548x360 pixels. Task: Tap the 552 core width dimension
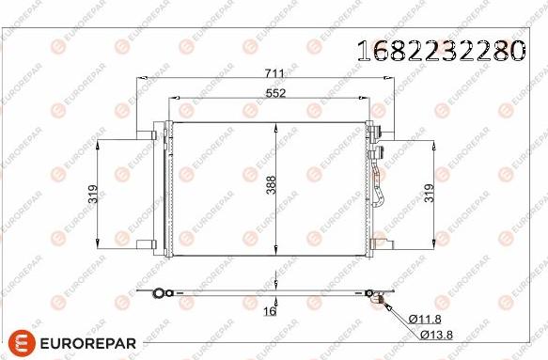(x=274, y=93)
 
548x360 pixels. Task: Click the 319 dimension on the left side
(x=93, y=194)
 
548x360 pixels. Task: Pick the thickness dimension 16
(x=270, y=312)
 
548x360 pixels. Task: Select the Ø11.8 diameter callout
(x=423, y=320)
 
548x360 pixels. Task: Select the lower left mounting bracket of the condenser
(x=149, y=243)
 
